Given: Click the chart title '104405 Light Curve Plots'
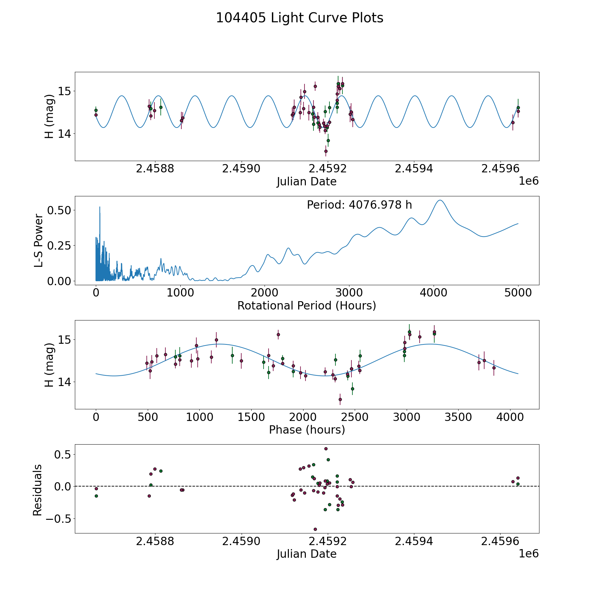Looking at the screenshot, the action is click(x=299, y=18).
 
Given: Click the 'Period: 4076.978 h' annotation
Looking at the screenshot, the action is click(x=359, y=205).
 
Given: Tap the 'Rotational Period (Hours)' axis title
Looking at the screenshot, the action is click(x=306, y=305).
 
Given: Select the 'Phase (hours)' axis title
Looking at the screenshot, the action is click(x=307, y=430).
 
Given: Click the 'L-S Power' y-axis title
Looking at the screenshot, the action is click(x=39, y=241).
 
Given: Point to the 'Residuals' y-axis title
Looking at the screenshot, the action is click(x=37, y=490).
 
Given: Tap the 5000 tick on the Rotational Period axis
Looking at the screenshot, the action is click(x=518, y=293).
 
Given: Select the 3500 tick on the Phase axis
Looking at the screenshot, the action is click(x=458, y=417).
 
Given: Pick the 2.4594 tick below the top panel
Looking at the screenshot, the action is click(x=414, y=168).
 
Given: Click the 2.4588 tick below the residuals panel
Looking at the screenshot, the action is click(x=155, y=541).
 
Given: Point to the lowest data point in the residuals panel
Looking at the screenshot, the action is click(x=315, y=529).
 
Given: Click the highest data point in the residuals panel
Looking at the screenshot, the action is click(x=326, y=449).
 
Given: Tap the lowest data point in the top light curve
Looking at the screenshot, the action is click(x=326, y=151).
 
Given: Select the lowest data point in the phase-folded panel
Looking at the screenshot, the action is click(x=340, y=399).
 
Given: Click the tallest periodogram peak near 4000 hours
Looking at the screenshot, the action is click(x=440, y=200).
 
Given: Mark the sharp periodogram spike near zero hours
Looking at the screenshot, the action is click(x=100, y=207).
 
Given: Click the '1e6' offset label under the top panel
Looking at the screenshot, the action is click(x=528, y=181).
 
